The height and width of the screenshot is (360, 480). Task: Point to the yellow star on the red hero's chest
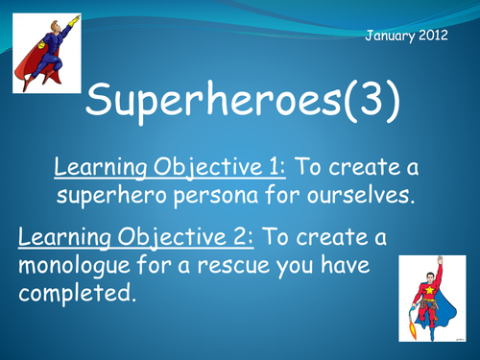[x=429, y=291]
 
